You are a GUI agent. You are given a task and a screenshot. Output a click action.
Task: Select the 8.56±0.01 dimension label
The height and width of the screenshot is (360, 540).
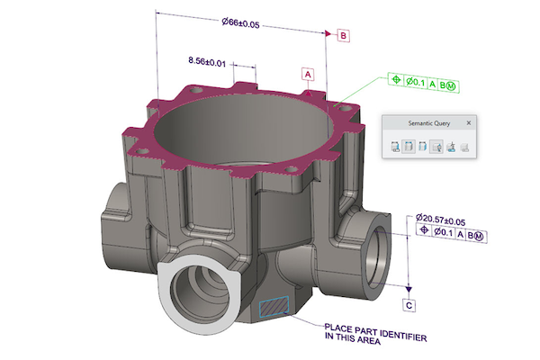[x=207, y=60]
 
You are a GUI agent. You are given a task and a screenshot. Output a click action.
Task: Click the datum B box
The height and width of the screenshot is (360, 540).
[x=344, y=35]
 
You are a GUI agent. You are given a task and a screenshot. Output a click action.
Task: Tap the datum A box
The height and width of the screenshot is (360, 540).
[x=307, y=72]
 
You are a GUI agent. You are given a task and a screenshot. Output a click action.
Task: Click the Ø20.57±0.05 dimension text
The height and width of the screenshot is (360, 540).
[x=448, y=219]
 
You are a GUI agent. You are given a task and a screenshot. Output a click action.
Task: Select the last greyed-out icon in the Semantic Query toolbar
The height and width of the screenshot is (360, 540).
[x=464, y=148]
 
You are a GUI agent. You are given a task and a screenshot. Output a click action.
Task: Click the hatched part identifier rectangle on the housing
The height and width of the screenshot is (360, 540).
[x=272, y=307]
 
